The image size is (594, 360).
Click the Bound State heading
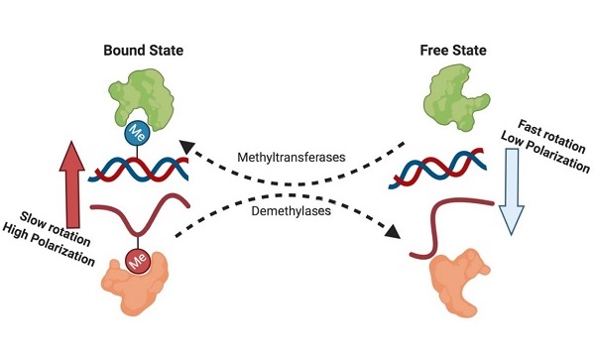pos(143,51)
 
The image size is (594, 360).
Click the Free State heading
pos(453,51)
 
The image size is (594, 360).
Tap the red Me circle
pos(138,261)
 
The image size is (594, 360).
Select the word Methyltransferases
pos(292,157)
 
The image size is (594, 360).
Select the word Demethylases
pos(291,210)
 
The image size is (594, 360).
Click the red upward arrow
pos(72,184)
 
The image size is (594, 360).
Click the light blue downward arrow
pos(512,191)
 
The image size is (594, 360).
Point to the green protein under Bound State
pos(143,99)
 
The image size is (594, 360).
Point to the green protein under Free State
pos(454,97)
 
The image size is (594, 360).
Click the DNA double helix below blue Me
pos(138,169)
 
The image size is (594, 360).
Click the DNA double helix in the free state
pos(437,168)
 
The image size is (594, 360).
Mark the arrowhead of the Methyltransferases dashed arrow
pos(186,146)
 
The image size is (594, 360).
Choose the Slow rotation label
pos(55,229)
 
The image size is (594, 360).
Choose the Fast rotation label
pos(551,136)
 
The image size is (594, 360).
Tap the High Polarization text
pos(49,244)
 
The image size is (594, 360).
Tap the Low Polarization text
pos(545,152)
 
